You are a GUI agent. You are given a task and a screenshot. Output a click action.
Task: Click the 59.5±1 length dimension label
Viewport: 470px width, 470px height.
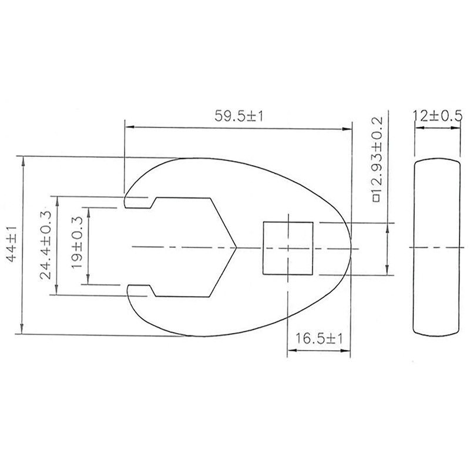(x=239, y=116)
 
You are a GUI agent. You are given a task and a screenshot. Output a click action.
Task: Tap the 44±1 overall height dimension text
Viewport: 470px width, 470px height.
(x=12, y=244)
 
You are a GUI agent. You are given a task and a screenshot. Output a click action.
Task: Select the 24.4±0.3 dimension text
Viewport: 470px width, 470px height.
(x=46, y=244)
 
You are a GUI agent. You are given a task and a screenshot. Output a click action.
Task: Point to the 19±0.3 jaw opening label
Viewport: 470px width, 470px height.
(x=77, y=242)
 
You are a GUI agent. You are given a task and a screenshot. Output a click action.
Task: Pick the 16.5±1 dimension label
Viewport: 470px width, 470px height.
(x=319, y=339)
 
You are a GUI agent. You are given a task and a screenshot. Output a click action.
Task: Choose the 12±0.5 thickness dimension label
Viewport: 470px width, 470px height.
(x=438, y=116)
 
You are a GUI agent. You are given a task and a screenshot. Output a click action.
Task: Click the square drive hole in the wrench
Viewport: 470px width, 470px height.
(x=288, y=248)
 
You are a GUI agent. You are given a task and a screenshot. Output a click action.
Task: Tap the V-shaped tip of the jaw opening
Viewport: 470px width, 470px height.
(x=237, y=247)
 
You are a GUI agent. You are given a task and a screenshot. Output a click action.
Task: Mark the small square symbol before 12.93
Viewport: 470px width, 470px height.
(x=377, y=199)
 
